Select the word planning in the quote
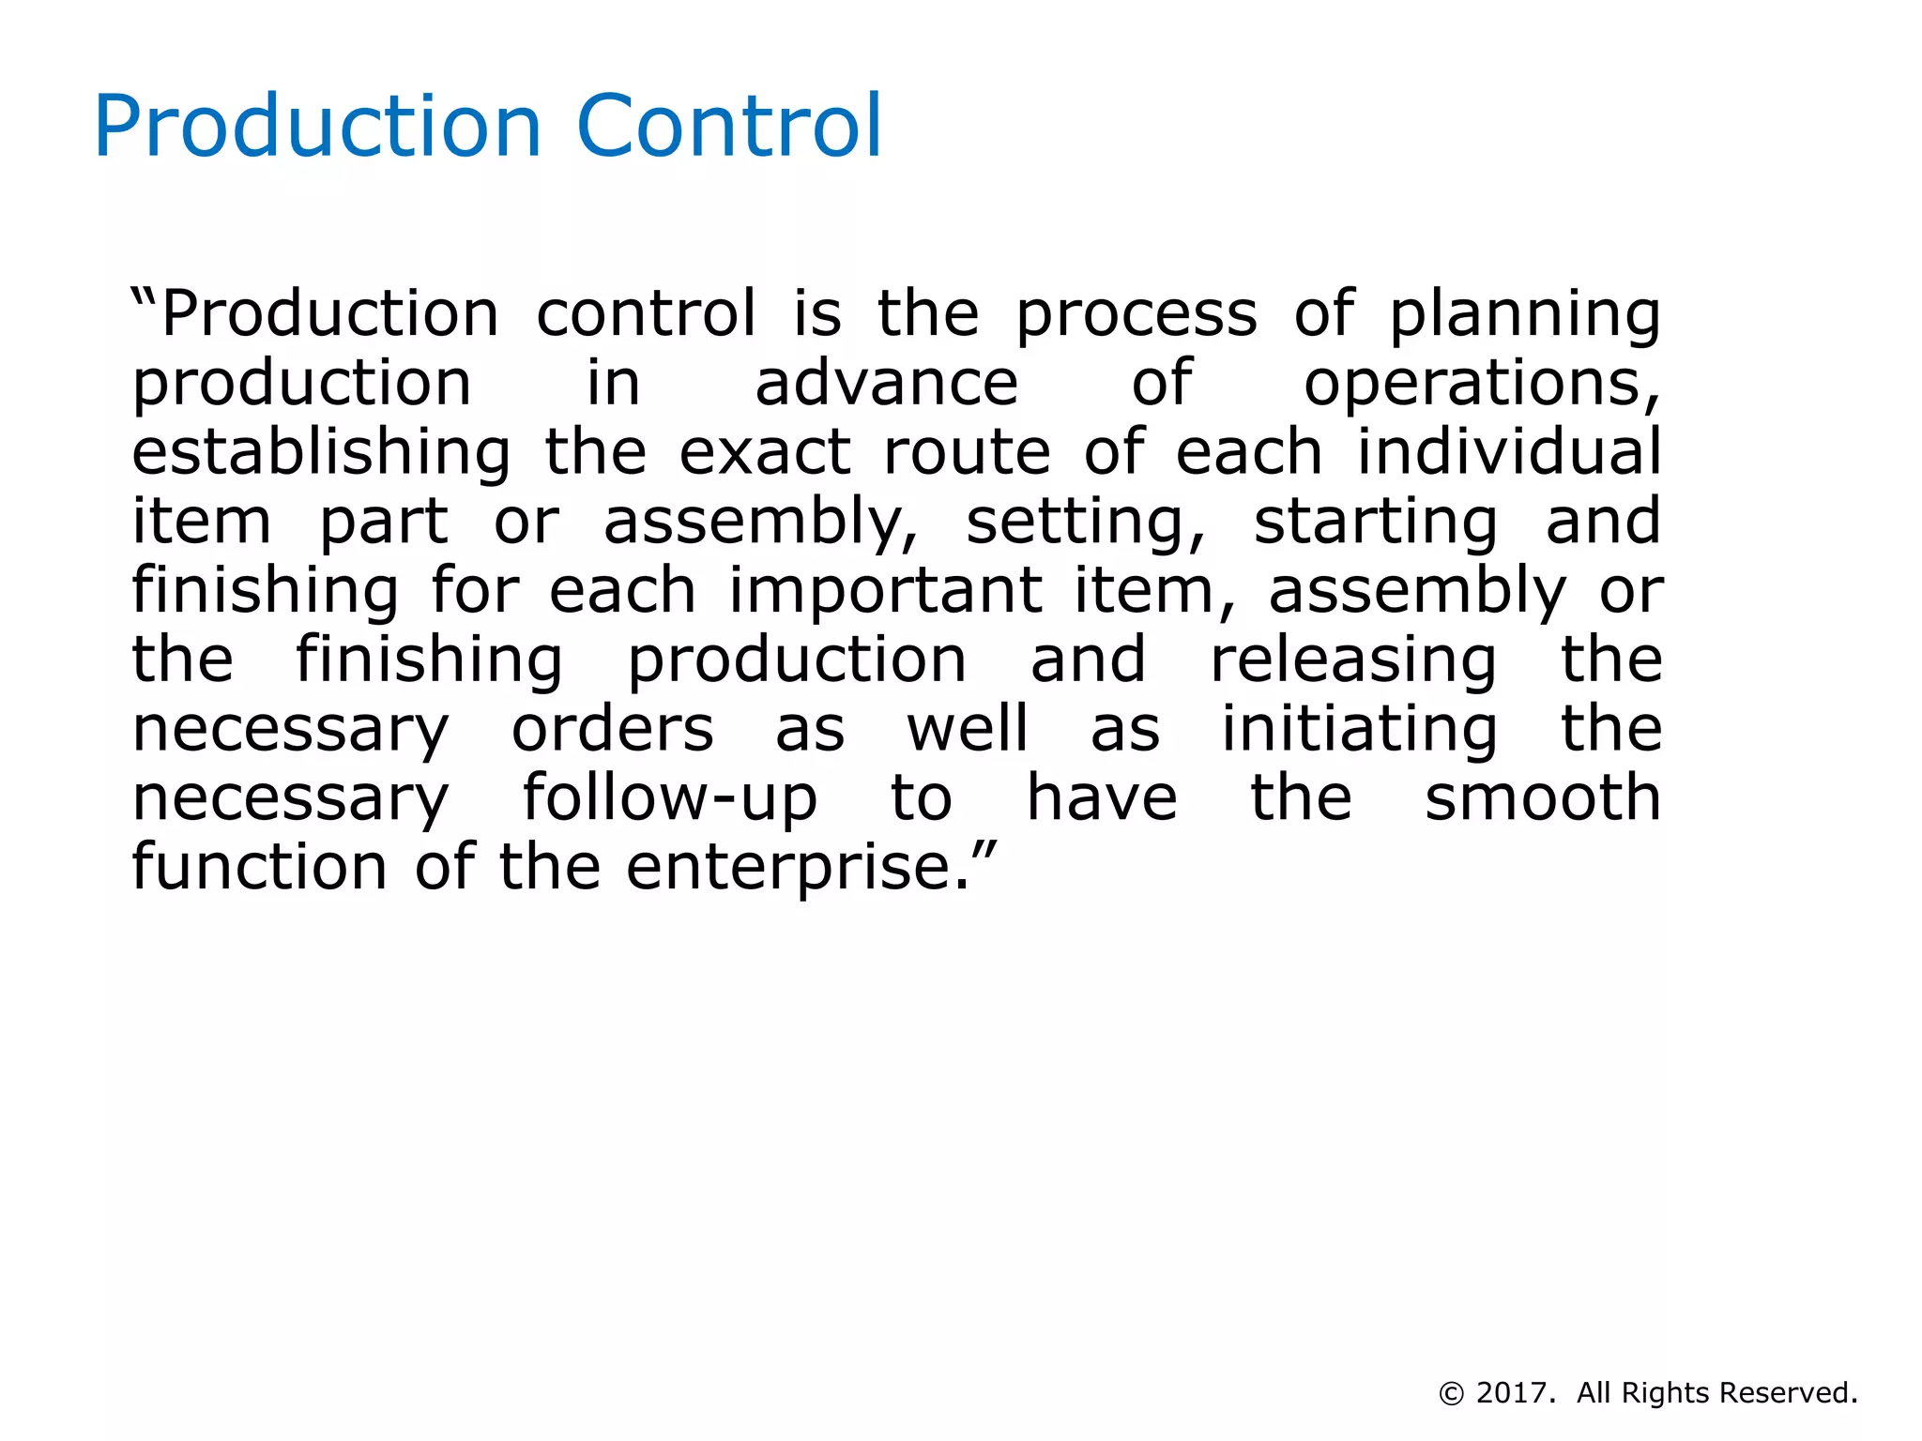1525,314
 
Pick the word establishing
321,452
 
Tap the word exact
764,452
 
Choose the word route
967,452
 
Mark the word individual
1509,452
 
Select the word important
885,591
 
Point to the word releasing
1353,660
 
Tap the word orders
612,729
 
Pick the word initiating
1359,729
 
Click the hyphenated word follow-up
669,798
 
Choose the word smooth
1543,798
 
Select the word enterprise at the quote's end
799,868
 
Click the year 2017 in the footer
1511,1393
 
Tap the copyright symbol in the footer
1451,1394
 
